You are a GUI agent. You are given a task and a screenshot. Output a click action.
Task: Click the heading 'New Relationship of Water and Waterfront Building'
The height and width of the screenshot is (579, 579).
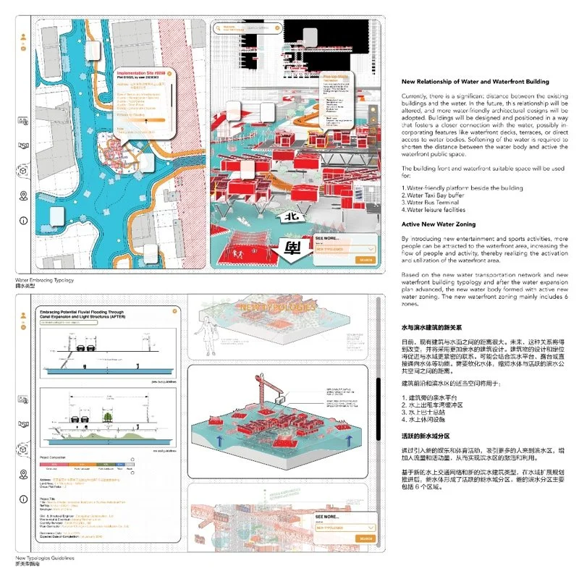tap(475, 83)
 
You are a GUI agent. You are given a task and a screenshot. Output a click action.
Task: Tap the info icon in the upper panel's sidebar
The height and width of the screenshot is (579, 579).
tap(24, 219)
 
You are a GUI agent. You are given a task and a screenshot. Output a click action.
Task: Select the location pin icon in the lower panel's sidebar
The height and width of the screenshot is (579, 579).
tap(24, 475)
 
